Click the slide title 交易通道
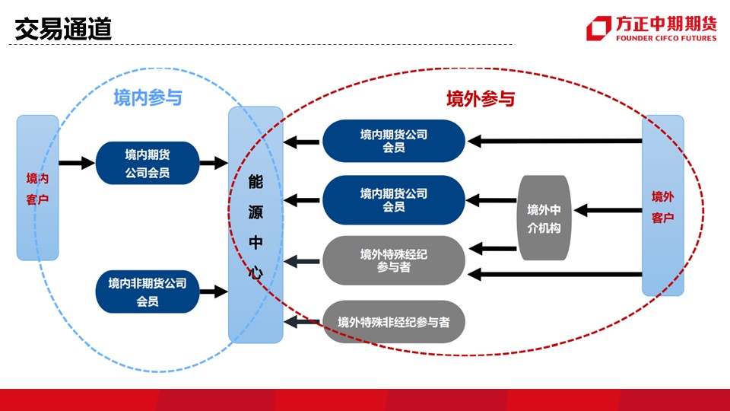point(63,29)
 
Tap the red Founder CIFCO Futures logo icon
point(598,28)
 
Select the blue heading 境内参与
point(148,98)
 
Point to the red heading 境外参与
point(481,99)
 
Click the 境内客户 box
point(38,188)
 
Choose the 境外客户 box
point(663,205)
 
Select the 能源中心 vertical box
point(255,225)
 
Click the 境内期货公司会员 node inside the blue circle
point(148,163)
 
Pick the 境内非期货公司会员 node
point(148,292)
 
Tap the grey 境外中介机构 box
point(544,218)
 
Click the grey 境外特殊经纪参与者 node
point(394,260)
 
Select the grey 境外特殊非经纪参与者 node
point(394,321)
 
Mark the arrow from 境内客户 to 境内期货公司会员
point(78,163)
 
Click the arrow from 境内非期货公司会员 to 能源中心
point(214,292)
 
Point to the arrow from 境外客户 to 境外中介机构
point(608,210)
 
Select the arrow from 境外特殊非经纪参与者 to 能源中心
point(303,321)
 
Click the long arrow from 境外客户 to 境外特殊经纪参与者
point(554,275)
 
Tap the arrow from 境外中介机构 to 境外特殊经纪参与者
point(493,248)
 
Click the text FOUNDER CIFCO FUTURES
point(666,38)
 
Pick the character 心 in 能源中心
point(255,272)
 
